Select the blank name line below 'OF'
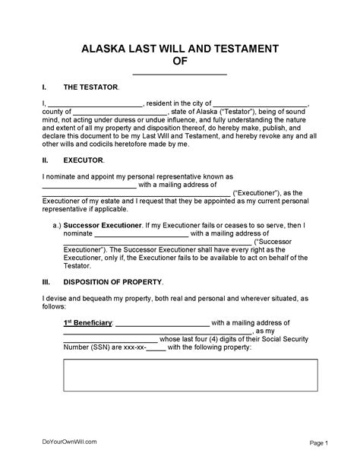(180, 74)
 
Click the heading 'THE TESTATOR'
(90, 87)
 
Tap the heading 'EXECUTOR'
(84, 161)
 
